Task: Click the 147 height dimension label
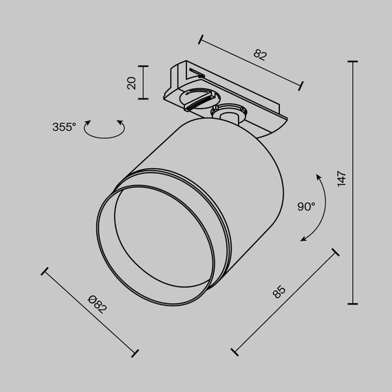342,179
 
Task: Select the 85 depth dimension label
279,292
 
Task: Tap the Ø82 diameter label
98,303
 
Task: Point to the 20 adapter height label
132,84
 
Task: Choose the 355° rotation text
64,127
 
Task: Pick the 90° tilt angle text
306,206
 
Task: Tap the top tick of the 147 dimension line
353,62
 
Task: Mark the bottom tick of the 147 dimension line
353,303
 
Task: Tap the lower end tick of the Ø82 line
135,353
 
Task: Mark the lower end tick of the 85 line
235,351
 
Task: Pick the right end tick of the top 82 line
301,85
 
